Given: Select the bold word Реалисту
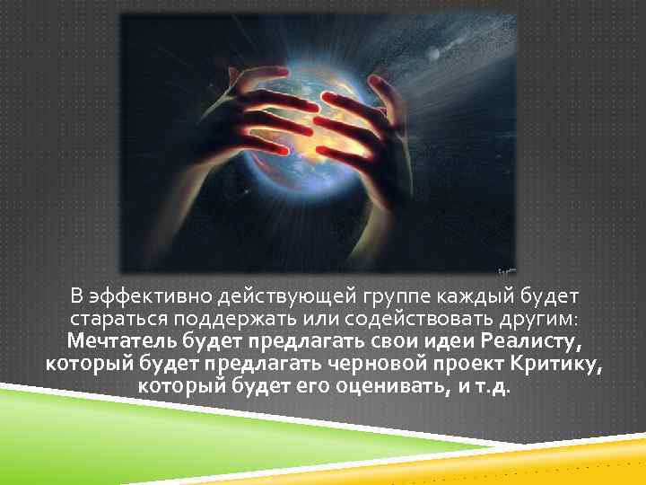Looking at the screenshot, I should [x=526, y=343].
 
